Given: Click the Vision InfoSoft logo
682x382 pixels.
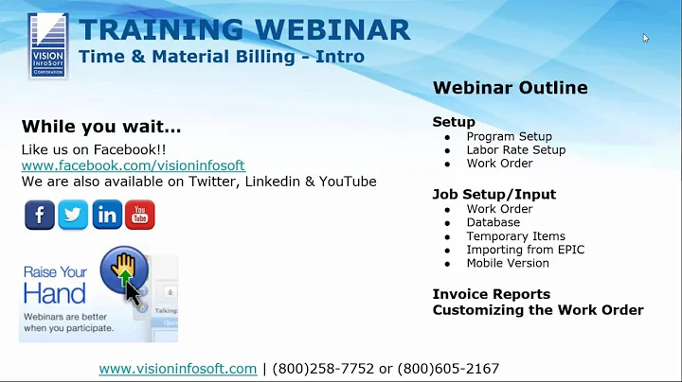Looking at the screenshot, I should click(47, 44).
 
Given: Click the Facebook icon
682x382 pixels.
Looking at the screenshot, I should click(39, 215).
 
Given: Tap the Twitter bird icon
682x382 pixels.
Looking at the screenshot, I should click(73, 215).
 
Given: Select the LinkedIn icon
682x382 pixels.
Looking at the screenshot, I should click(107, 215).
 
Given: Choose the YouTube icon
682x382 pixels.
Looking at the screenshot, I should click(140, 215).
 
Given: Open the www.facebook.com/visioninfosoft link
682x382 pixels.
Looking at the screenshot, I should click(134, 165).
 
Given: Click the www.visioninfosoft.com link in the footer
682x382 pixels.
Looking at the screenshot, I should click(178, 369).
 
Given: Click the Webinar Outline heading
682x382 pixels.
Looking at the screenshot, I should click(510, 88).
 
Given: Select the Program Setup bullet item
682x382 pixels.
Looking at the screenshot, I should click(509, 136).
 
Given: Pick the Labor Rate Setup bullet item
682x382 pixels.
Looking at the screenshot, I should click(515, 149).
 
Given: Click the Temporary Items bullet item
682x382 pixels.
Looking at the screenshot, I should click(515, 236).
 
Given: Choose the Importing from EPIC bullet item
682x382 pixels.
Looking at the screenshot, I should click(525, 250).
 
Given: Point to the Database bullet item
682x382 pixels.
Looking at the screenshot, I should click(494, 223).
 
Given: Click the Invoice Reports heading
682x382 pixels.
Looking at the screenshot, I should click(491, 294).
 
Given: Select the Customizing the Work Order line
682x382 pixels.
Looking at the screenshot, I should click(538, 310).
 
